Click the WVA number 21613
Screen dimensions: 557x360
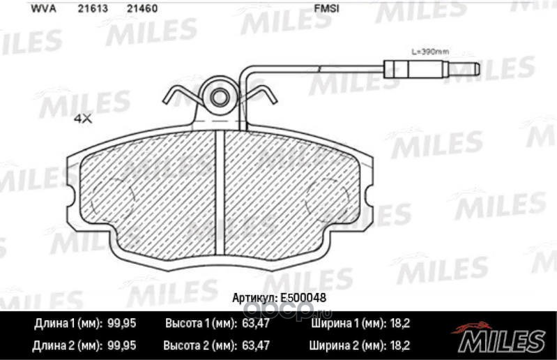tap(93, 8)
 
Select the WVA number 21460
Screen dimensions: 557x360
tap(142, 8)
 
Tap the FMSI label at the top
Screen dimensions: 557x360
tap(326, 8)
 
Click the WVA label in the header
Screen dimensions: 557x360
tap(44, 8)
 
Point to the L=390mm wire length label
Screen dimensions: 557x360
tap(430, 52)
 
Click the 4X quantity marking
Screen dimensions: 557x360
tap(83, 119)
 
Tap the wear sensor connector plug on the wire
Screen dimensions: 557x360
tap(432, 68)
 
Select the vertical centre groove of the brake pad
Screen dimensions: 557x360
tap(220, 193)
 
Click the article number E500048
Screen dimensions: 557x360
tap(303, 298)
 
